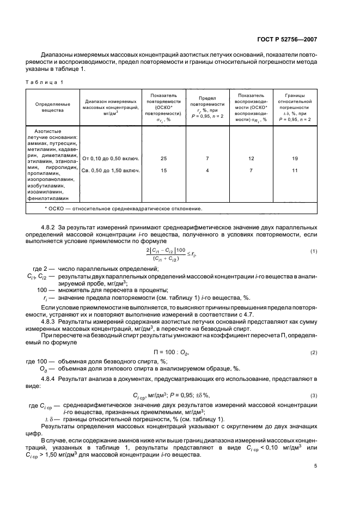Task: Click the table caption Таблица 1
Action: coord(48,82)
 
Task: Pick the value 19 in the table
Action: coord(295,159)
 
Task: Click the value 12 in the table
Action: coord(251,159)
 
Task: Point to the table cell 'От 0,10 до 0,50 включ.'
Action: coord(111,159)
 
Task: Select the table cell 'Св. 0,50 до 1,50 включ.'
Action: coord(111,171)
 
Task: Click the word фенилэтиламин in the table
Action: coord(52,199)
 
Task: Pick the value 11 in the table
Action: coord(295,171)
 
